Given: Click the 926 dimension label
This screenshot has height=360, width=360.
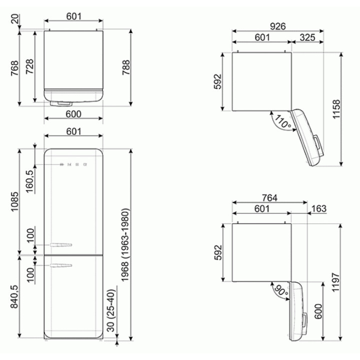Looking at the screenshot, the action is click(277, 26).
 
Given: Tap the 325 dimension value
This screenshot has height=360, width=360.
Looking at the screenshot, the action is click(307, 37).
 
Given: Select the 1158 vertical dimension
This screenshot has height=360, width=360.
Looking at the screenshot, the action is click(336, 109).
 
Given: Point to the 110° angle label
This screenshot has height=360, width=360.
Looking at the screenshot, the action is click(282, 121).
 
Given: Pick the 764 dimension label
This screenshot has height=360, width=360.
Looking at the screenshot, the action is click(270, 197).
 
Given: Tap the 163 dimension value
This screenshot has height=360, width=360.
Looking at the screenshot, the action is click(319, 208).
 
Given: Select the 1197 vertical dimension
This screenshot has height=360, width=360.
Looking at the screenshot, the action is click(335, 282).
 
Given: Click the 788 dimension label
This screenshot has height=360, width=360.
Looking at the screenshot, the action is click(126, 67).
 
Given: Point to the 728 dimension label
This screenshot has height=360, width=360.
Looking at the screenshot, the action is click(29, 66).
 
